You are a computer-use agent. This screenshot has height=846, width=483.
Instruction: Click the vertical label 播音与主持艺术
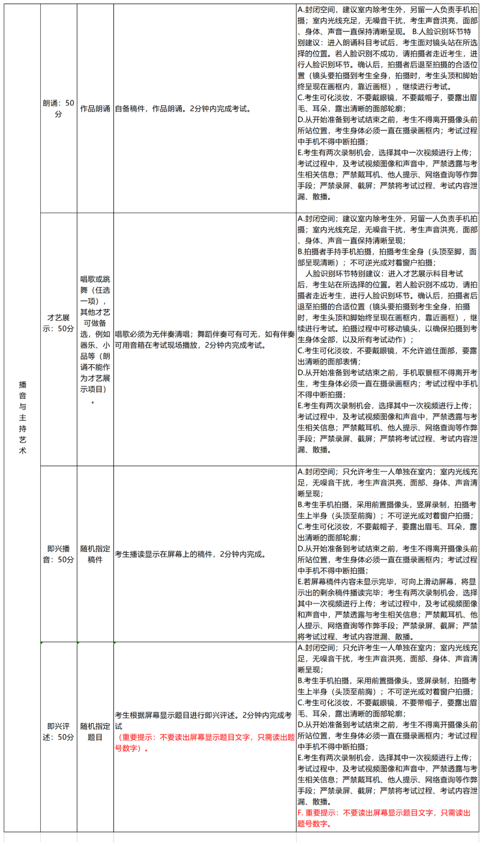point(22,417)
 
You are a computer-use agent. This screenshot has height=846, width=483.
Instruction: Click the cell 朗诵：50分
point(58,109)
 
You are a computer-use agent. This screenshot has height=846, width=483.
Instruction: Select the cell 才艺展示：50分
point(58,323)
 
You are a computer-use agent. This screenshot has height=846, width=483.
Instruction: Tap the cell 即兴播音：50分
point(58,554)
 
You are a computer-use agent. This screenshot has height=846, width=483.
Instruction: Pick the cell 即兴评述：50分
point(58,732)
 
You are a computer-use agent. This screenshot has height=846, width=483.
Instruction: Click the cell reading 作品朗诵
point(95,109)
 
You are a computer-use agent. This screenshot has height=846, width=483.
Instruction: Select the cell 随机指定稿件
point(95,554)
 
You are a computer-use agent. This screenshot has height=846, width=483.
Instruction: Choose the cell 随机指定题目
point(95,732)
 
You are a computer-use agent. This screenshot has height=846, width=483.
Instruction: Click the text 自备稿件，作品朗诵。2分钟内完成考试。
point(183,109)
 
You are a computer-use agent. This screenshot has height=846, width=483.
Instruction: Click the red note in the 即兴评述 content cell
point(204,743)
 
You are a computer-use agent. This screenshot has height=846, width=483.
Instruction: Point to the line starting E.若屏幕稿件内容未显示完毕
point(387,582)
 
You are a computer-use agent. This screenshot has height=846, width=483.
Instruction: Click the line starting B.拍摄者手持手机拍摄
point(387,252)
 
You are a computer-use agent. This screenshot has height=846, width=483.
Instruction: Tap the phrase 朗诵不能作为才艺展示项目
point(95,373)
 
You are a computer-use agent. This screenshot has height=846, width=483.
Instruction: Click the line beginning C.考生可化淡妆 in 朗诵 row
point(387,98)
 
